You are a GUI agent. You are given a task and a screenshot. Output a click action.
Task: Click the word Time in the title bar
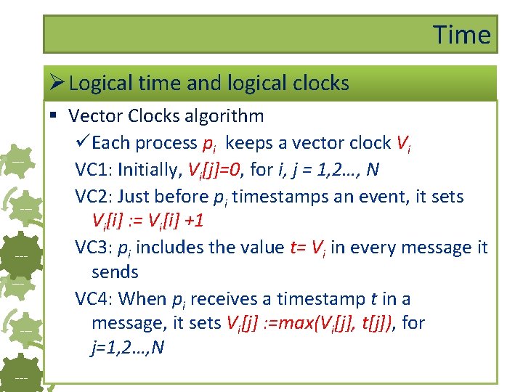click(462, 34)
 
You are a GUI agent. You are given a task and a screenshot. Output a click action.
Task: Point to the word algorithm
click(222, 115)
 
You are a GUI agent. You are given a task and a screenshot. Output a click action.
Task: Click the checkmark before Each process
click(83, 142)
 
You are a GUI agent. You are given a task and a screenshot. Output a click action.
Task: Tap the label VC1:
click(93, 169)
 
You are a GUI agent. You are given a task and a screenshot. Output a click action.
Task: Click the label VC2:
click(93, 196)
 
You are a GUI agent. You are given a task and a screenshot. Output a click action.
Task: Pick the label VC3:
click(93, 247)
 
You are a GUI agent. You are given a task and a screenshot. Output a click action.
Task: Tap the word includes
click(170, 247)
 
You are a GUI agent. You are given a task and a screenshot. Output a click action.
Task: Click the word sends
click(115, 272)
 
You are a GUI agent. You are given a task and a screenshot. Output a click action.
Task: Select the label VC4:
click(93, 298)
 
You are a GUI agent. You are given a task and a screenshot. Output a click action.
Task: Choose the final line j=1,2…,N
click(128, 348)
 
